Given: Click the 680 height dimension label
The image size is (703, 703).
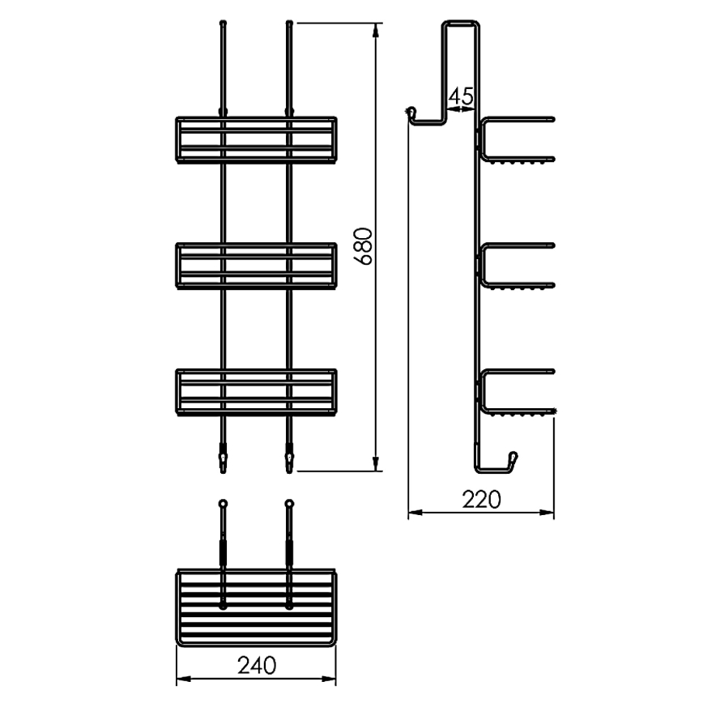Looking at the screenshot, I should [x=364, y=248].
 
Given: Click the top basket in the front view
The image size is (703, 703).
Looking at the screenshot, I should [x=256, y=140].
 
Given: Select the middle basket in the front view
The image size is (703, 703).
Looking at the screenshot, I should [x=256, y=265].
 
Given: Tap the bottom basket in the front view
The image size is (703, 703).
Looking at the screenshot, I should [x=256, y=391].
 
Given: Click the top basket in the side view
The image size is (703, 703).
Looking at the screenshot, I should [x=517, y=143].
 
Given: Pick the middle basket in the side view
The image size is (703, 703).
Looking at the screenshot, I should [x=517, y=266].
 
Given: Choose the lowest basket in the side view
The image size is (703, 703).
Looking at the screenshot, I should [x=517, y=393].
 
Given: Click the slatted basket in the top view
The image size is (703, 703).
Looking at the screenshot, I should [x=256, y=607].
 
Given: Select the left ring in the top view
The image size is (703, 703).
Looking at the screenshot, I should [x=223, y=505].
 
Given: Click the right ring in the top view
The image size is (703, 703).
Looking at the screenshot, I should [x=288, y=505].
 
